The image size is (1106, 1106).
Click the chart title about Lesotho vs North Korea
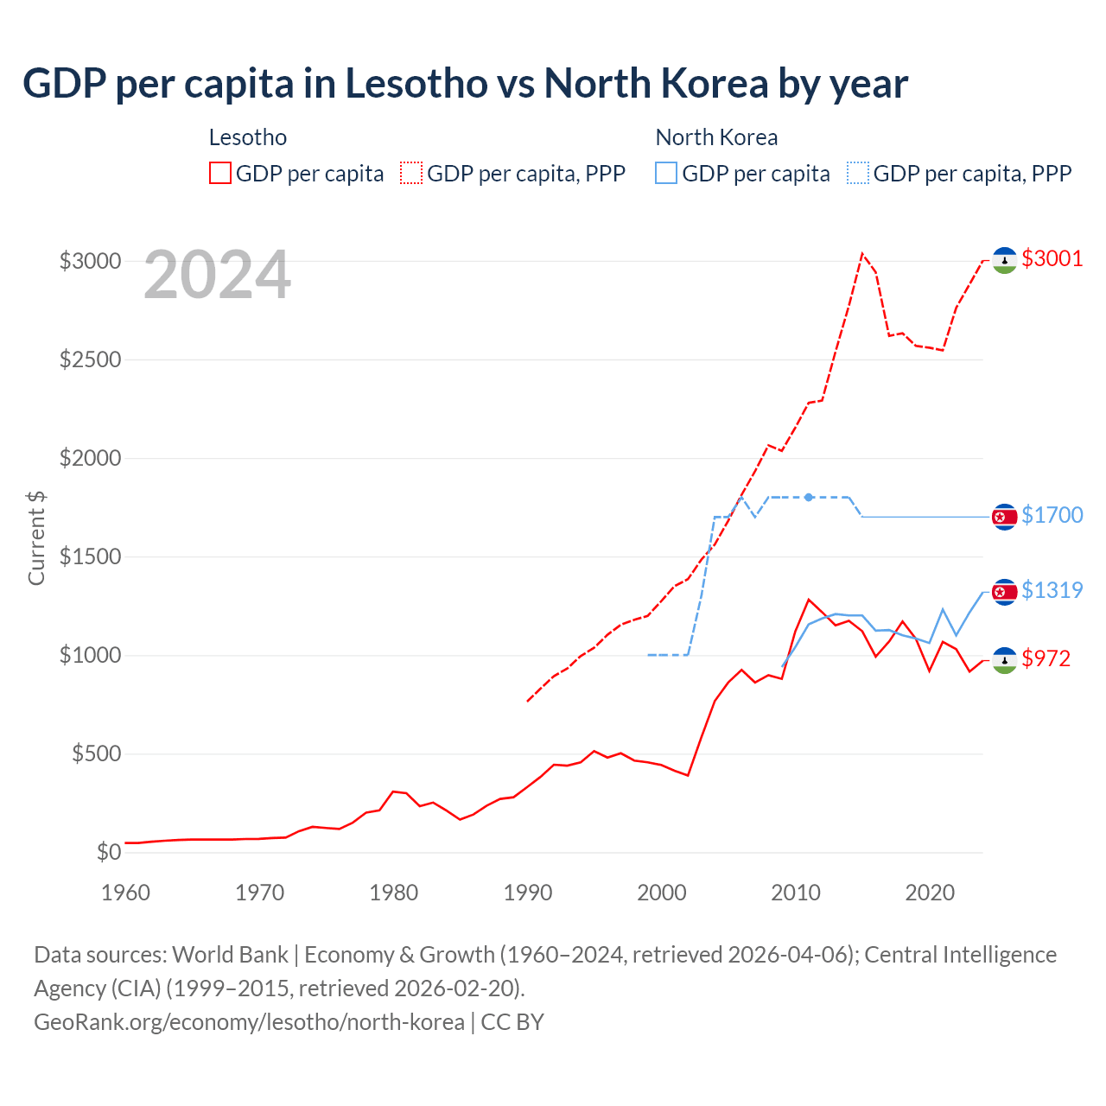click(x=465, y=84)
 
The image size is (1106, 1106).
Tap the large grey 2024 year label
click(x=217, y=276)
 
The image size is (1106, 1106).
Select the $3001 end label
click(x=1052, y=258)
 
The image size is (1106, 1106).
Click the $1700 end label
click(x=1052, y=515)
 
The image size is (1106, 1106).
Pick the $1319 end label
click(x=1052, y=590)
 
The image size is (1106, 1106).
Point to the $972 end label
click(x=1046, y=658)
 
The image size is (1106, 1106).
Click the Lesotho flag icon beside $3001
click(x=1004, y=260)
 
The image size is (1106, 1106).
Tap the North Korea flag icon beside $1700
click(x=1004, y=517)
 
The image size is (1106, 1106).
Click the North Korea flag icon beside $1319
click(x=1004, y=592)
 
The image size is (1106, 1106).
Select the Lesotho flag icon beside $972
click(x=1004, y=660)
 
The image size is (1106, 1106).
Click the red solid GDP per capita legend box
click(x=220, y=173)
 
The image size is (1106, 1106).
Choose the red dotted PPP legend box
click(x=411, y=173)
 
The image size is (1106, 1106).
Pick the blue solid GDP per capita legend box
click(x=666, y=173)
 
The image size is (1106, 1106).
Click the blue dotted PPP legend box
click(x=858, y=173)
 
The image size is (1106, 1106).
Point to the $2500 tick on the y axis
click(x=90, y=359)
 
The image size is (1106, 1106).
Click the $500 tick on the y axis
click(x=96, y=754)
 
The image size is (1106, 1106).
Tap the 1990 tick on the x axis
click(x=527, y=893)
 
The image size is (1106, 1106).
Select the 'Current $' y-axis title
click(x=36, y=537)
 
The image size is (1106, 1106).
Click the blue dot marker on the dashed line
click(x=809, y=497)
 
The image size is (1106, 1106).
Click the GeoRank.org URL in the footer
click(x=249, y=1022)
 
